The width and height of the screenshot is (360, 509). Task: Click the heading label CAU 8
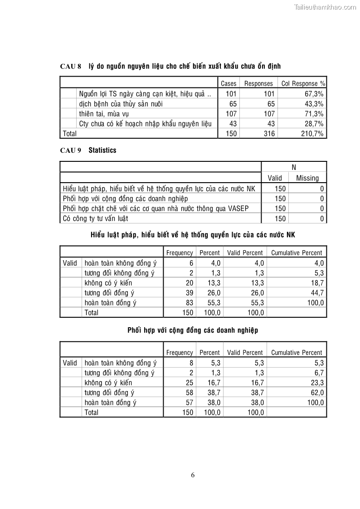point(70,66)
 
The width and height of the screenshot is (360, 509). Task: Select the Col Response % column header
point(303,83)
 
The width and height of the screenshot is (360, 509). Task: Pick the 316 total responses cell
point(269,134)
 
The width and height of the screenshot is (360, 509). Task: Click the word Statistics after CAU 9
point(102,150)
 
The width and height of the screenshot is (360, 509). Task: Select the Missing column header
point(307,178)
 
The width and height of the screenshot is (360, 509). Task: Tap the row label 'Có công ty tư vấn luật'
point(95,218)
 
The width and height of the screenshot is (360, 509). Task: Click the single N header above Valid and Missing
point(294,167)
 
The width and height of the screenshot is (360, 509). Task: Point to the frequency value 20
point(189,283)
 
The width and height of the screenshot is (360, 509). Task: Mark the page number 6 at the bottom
point(193,475)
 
